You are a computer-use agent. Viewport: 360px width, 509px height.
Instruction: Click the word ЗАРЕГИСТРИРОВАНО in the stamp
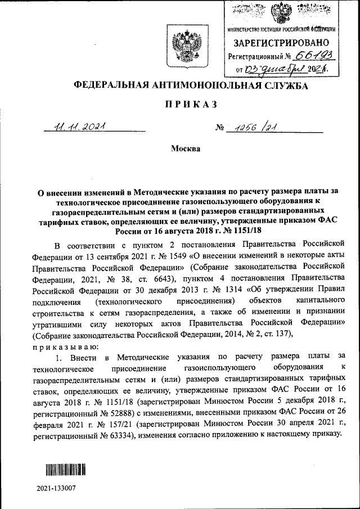point(281,43)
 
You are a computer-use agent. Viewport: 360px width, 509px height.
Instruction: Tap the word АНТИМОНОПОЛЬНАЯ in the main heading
point(195,85)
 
